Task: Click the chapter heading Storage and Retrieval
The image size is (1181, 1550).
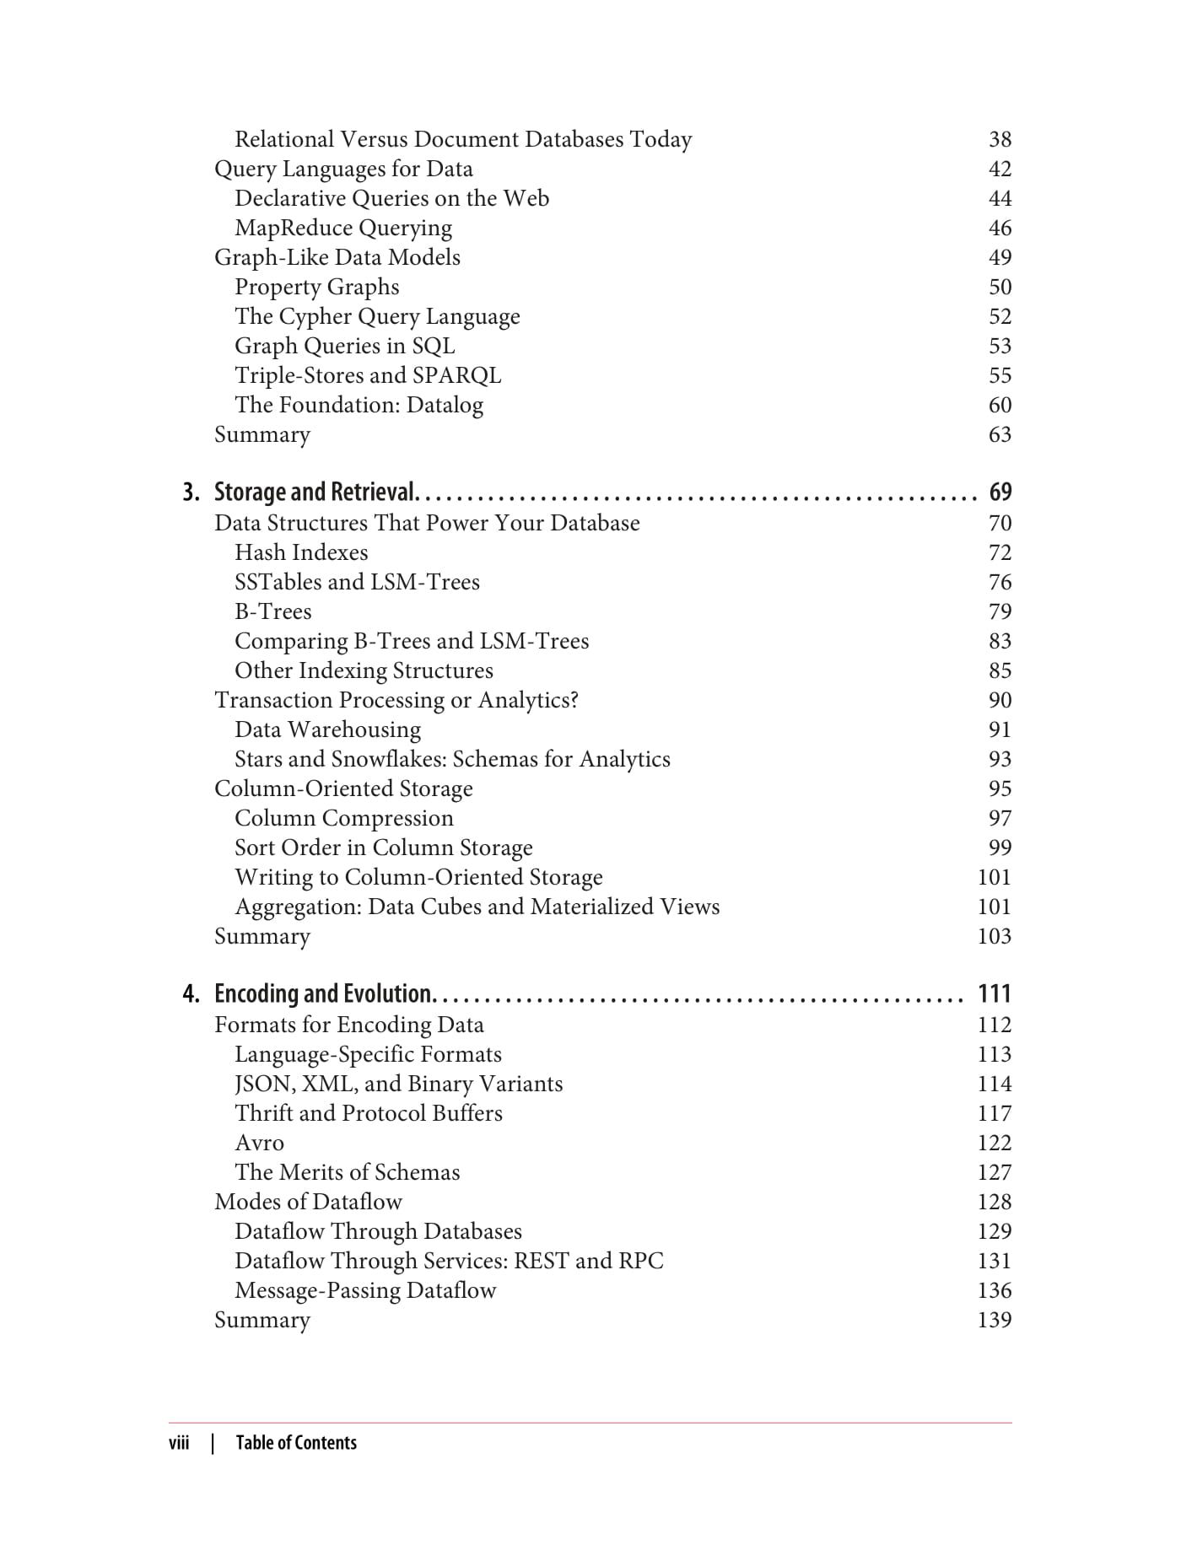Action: click(x=315, y=492)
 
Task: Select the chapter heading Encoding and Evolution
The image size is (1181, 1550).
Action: click(x=324, y=993)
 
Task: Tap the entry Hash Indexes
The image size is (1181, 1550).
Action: click(x=301, y=552)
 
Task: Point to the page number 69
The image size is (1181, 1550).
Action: click(x=1000, y=492)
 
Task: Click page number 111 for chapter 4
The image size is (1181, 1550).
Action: click(x=994, y=993)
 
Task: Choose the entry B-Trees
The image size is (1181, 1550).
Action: click(x=272, y=611)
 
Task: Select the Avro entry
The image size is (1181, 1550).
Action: click(x=259, y=1143)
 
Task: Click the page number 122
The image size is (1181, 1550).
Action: click(x=994, y=1143)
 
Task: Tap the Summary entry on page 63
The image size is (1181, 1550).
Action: click(x=262, y=434)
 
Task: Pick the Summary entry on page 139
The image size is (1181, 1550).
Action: click(x=262, y=1320)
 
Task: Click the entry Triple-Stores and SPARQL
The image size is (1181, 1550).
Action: click(x=368, y=375)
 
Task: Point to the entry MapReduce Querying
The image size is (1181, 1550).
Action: click(x=343, y=228)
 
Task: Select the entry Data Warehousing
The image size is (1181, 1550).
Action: click(x=327, y=729)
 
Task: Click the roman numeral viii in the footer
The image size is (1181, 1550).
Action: click(x=179, y=1443)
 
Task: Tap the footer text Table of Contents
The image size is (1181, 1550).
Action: click(x=296, y=1443)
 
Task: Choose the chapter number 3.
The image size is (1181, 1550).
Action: click(x=191, y=492)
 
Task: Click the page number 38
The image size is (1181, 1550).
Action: click(x=1000, y=139)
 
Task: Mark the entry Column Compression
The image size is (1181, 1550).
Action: click(x=344, y=818)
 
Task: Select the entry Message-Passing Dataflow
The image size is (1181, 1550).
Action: click(x=365, y=1290)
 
